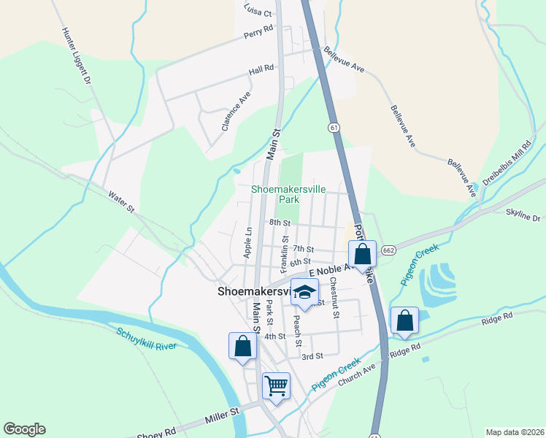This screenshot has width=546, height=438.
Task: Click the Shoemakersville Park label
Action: (x=288, y=193)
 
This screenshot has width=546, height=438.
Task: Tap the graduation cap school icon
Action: (x=304, y=293)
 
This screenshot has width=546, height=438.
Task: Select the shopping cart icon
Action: (x=276, y=385)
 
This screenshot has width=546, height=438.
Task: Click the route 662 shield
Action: (x=388, y=250)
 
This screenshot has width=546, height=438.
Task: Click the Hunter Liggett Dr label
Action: (x=77, y=55)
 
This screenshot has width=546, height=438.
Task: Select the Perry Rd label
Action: (x=258, y=33)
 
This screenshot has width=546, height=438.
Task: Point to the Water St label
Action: (x=121, y=202)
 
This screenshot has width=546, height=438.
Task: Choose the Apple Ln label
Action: (x=247, y=241)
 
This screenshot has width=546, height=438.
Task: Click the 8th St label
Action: (x=280, y=222)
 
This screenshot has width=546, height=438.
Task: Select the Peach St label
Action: (x=298, y=326)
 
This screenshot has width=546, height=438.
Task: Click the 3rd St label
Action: (x=312, y=356)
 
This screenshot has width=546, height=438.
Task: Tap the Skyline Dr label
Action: (x=522, y=218)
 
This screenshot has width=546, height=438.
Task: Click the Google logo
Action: (x=24, y=429)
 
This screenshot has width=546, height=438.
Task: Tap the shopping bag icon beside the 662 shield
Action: (x=363, y=254)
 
